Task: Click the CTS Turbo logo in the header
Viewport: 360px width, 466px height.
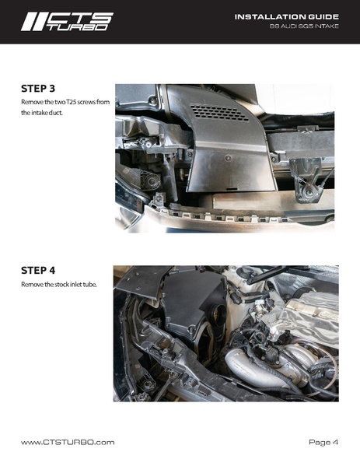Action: [67, 22]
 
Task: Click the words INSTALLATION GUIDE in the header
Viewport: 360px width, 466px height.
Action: [287, 16]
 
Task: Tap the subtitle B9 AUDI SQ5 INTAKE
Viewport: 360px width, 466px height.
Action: [304, 26]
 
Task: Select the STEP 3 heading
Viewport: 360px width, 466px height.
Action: [38, 89]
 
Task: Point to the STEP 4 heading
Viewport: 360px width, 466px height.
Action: [38, 271]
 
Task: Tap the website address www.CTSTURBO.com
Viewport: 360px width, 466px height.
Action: [68, 442]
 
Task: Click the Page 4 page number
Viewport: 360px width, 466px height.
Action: [323, 442]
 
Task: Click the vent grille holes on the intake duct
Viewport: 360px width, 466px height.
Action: [219, 112]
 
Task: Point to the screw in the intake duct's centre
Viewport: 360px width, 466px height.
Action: [228, 158]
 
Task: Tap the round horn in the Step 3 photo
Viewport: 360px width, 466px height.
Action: [151, 181]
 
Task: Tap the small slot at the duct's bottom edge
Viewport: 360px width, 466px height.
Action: [232, 188]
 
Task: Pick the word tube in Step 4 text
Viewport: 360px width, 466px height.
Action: [90, 285]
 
